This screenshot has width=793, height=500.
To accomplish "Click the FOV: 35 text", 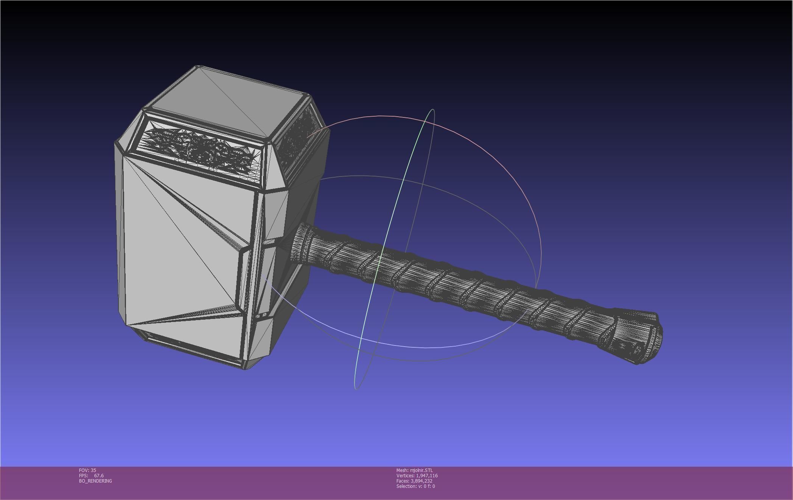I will [x=87, y=470].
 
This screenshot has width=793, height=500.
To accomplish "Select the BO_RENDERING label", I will [x=95, y=481].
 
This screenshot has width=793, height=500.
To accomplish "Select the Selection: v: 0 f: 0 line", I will [x=415, y=486].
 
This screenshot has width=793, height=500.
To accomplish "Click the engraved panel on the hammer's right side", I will [x=299, y=140].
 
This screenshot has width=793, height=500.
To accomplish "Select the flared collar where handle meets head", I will [x=301, y=242].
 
